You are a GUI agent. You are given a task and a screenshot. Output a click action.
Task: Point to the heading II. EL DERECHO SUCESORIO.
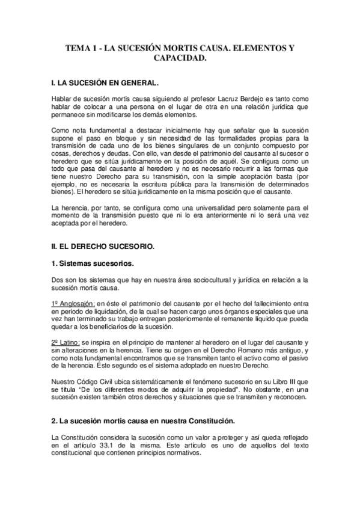coord(103,247)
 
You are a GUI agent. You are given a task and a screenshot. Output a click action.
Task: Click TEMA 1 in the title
coord(81,47)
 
